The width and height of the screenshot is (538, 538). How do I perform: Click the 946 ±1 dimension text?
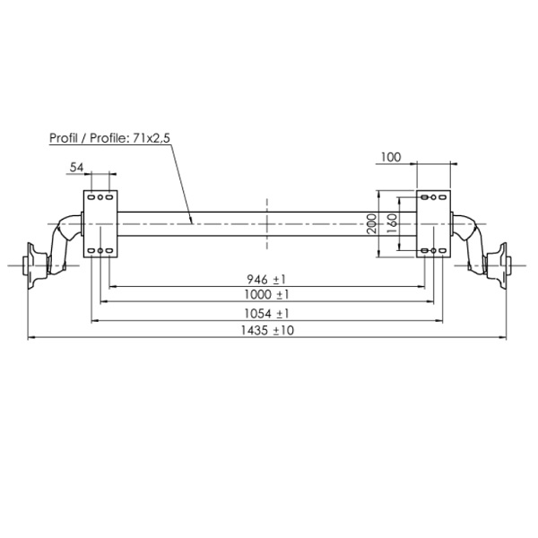(266, 280)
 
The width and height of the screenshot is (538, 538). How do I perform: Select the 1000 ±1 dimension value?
(266, 294)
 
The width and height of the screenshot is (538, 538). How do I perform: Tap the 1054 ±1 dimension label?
(266, 313)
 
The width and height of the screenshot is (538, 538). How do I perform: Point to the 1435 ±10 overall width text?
(267, 330)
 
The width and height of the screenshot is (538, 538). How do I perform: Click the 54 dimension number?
(76, 168)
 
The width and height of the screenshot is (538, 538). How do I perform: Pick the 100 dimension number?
(391, 157)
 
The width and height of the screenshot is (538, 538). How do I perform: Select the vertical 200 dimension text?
(371, 223)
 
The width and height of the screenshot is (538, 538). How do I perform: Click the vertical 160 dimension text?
(392, 223)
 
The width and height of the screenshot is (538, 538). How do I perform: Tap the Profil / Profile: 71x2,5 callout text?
(109, 138)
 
